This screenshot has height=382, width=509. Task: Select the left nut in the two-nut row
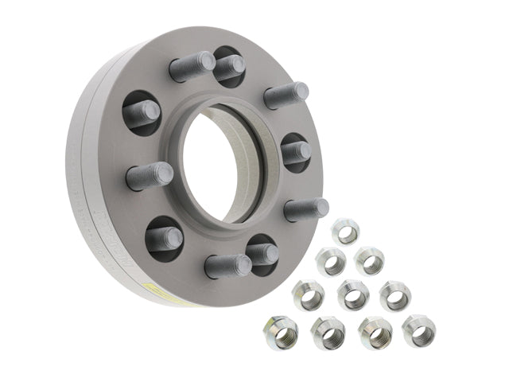tap(331, 260)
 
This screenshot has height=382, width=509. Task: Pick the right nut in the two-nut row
tap(367, 259)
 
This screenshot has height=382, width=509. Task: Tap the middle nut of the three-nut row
tap(352, 294)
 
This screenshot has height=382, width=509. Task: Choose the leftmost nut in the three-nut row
tap(309, 295)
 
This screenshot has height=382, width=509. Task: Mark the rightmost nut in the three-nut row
tap(394, 295)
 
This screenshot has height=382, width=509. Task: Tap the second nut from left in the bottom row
tap(326, 333)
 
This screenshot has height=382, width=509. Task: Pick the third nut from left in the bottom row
tap(374, 332)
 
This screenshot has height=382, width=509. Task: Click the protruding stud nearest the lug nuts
tap(306, 209)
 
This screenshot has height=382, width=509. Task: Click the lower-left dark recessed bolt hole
tap(164, 237)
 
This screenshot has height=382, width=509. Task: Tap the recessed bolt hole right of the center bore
tap(294, 151)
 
